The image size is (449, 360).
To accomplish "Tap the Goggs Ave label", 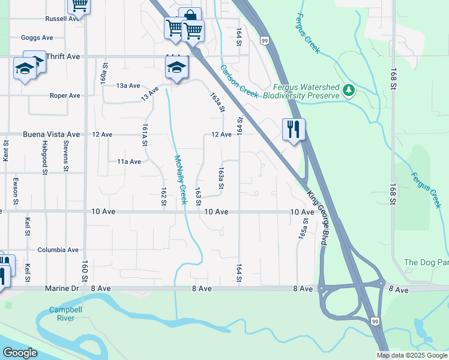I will click(37, 37).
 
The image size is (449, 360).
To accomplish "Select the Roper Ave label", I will click(65, 95).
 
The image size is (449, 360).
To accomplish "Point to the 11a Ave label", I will click(128, 161).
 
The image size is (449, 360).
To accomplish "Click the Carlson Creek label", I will click(239, 82).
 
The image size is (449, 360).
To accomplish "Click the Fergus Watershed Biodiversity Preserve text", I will click(306, 91).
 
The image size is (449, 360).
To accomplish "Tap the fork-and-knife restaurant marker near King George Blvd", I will click(294, 130).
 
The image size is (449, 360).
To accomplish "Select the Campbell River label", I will click(62, 314).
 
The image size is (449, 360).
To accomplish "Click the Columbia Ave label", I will click(58, 250).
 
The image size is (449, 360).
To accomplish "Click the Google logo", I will click(20, 353).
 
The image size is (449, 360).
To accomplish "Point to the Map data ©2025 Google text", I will click(411, 355).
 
